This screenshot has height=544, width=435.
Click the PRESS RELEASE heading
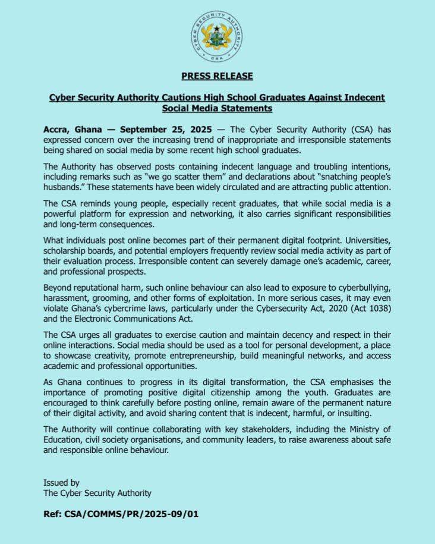click(217, 76)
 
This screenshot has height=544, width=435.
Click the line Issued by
click(61, 482)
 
